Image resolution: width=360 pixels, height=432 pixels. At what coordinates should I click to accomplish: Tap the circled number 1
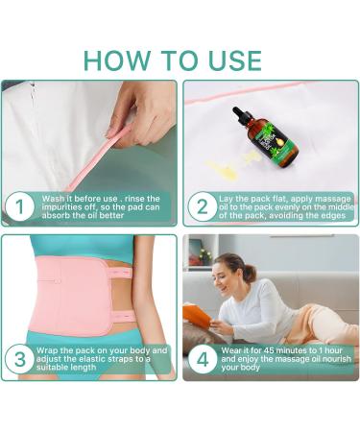pos(20,206)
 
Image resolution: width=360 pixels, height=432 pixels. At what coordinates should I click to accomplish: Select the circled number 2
pos(203,206)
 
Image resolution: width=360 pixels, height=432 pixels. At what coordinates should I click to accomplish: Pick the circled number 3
pos(20,359)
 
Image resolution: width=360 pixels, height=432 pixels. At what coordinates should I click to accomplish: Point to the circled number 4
pos(203,359)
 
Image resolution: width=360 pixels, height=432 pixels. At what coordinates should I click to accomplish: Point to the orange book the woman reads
pos(198,313)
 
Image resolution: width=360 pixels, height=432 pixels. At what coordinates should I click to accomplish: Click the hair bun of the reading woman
pos(251,273)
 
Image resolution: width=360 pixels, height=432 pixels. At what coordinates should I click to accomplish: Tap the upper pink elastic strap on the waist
pos(119,273)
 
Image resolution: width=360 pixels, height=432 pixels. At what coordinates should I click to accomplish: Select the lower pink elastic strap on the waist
pos(122,315)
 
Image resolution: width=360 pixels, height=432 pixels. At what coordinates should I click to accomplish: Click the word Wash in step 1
pos(53,199)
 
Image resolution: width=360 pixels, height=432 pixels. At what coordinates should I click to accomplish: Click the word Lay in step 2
pos(226,199)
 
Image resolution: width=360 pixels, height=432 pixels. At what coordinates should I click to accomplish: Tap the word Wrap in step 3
pos(47,350)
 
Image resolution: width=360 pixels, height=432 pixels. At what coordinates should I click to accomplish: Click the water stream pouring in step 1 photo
pos(32,96)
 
